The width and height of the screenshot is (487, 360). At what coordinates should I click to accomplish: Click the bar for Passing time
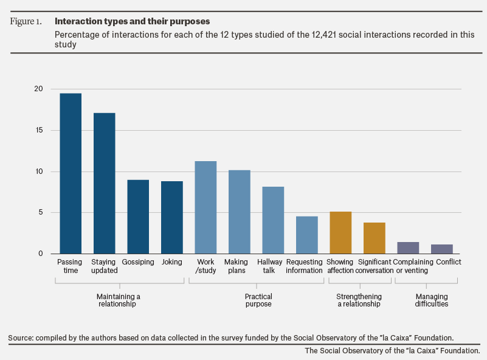click(71, 173)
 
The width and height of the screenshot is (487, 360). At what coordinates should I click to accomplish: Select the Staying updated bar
click(105, 183)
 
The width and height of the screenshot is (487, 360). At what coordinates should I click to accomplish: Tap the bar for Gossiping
click(138, 217)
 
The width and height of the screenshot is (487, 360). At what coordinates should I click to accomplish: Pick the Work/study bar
click(206, 207)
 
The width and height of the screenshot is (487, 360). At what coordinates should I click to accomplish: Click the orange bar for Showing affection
click(340, 233)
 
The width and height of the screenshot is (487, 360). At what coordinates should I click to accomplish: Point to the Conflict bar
click(441, 249)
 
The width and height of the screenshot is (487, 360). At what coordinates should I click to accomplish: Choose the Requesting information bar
click(307, 235)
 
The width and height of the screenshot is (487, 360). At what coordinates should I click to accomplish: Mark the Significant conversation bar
click(375, 238)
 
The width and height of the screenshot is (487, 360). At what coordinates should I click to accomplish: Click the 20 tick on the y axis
click(38, 89)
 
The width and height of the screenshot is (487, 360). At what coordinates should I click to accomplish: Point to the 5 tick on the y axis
click(41, 212)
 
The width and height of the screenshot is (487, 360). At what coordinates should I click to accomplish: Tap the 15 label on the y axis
click(39, 130)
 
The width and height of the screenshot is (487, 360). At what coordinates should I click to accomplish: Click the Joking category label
click(171, 262)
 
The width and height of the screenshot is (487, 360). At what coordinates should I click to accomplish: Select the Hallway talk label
click(269, 266)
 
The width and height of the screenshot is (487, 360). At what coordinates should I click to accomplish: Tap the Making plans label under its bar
click(236, 266)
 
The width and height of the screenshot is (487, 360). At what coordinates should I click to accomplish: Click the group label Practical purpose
click(258, 300)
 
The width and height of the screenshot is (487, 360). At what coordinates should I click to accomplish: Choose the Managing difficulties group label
click(432, 300)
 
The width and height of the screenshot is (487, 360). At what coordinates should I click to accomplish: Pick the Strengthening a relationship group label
click(359, 300)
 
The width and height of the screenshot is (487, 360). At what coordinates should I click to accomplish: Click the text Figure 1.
click(26, 21)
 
